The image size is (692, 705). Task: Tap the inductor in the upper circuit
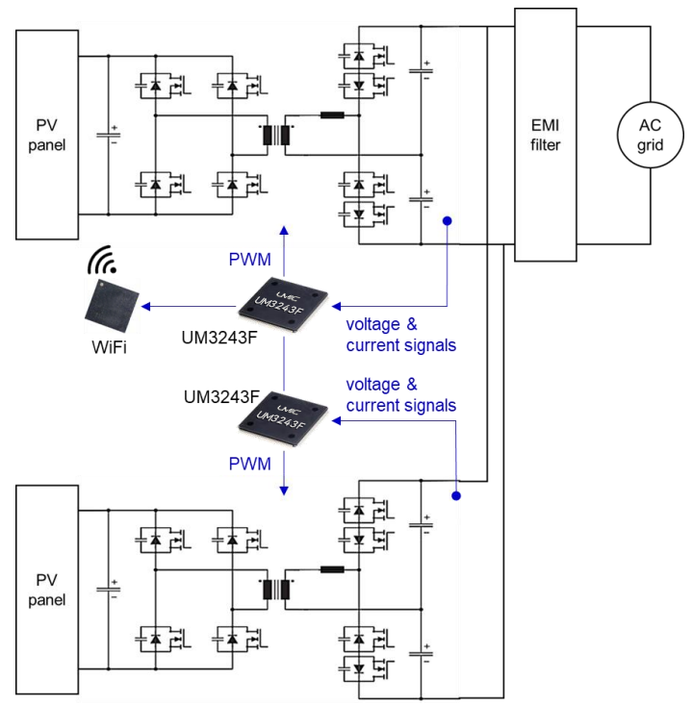coord(332,116)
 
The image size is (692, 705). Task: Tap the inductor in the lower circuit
coord(332,569)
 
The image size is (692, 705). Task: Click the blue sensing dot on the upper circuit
coord(449,222)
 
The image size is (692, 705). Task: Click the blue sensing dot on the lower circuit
coord(456,497)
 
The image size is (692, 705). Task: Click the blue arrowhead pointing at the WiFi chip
coord(145,307)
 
